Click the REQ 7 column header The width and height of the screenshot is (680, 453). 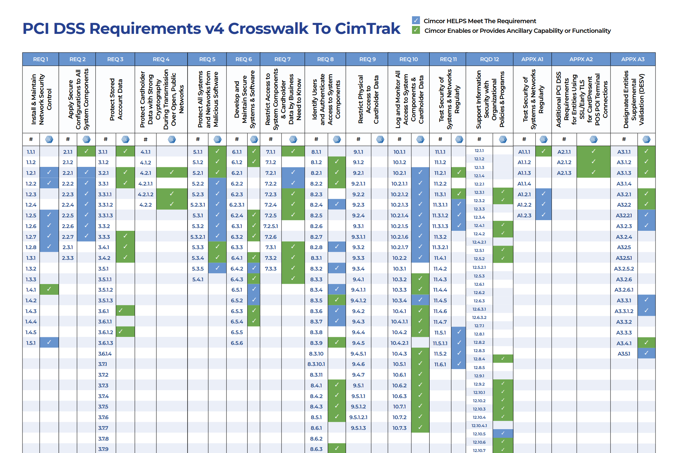[x=282, y=59]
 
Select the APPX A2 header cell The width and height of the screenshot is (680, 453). [x=581, y=59]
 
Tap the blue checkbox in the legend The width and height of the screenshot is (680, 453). [x=416, y=20]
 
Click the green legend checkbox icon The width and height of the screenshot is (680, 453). [x=416, y=30]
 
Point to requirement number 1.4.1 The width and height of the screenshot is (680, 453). [x=31, y=290]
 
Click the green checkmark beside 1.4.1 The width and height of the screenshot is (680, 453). [x=49, y=289]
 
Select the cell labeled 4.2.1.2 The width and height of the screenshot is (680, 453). [x=145, y=194]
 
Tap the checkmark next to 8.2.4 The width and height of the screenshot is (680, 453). [x=337, y=204]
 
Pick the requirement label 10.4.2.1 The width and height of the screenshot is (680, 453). [x=399, y=343]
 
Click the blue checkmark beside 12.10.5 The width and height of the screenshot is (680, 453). [x=503, y=433]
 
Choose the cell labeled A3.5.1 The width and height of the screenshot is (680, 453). [x=624, y=353]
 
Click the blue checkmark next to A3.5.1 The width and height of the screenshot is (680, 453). [x=646, y=353]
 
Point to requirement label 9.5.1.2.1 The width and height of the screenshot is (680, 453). [x=358, y=417]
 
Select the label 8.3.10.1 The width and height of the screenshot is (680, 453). [x=316, y=364]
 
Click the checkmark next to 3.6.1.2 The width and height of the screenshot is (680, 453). [x=121, y=332]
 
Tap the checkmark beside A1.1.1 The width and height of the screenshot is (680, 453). [x=543, y=151]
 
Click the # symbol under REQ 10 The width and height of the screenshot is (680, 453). [x=399, y=139]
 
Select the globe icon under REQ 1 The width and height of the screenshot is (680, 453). [x=49, y=139]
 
